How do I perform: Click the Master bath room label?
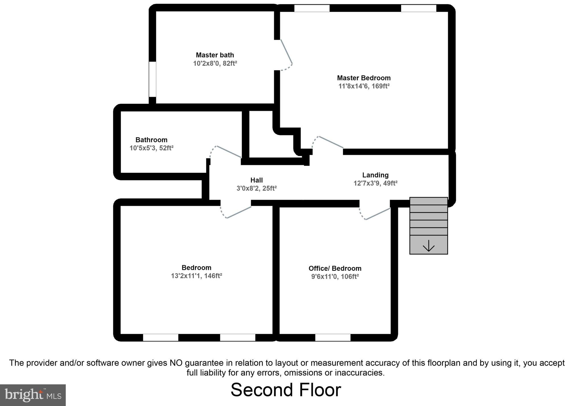[215, 55]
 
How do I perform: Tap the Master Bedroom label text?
[364, 78]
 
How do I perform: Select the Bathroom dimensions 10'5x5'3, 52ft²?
[151, 148]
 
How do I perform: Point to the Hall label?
[256, 180]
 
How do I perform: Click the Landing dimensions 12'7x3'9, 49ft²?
[375, 183]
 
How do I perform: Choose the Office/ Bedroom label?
[335, 268]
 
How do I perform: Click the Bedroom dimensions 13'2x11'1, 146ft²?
[196, 276]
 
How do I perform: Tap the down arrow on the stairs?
[428, 246]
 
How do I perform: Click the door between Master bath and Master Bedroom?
[286, 55]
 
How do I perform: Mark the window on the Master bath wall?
[153, 79]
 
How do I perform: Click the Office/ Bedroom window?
[332, 337]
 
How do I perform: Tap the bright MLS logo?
[33, 395]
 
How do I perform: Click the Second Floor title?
[286, 390]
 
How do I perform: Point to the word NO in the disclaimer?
[176, 363]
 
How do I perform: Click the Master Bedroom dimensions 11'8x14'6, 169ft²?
[364, 86]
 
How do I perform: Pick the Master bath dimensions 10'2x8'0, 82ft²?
[215, 63]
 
